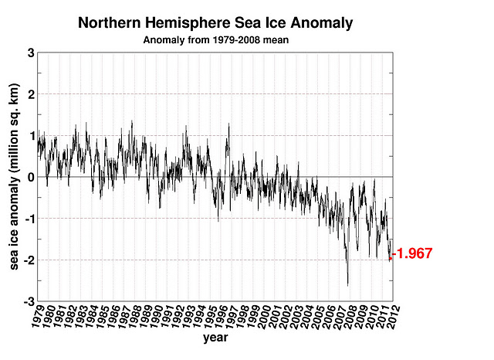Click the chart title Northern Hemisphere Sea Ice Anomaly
click(x=215, y=24)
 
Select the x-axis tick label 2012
click(x=390, y=316)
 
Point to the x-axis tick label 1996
click(x=218, y=316)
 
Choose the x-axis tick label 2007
click(x=336, y=316)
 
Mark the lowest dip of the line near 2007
click(x=347, y=285)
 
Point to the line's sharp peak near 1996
click(x=228, y=124)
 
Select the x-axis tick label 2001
click(x=272, y=316)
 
